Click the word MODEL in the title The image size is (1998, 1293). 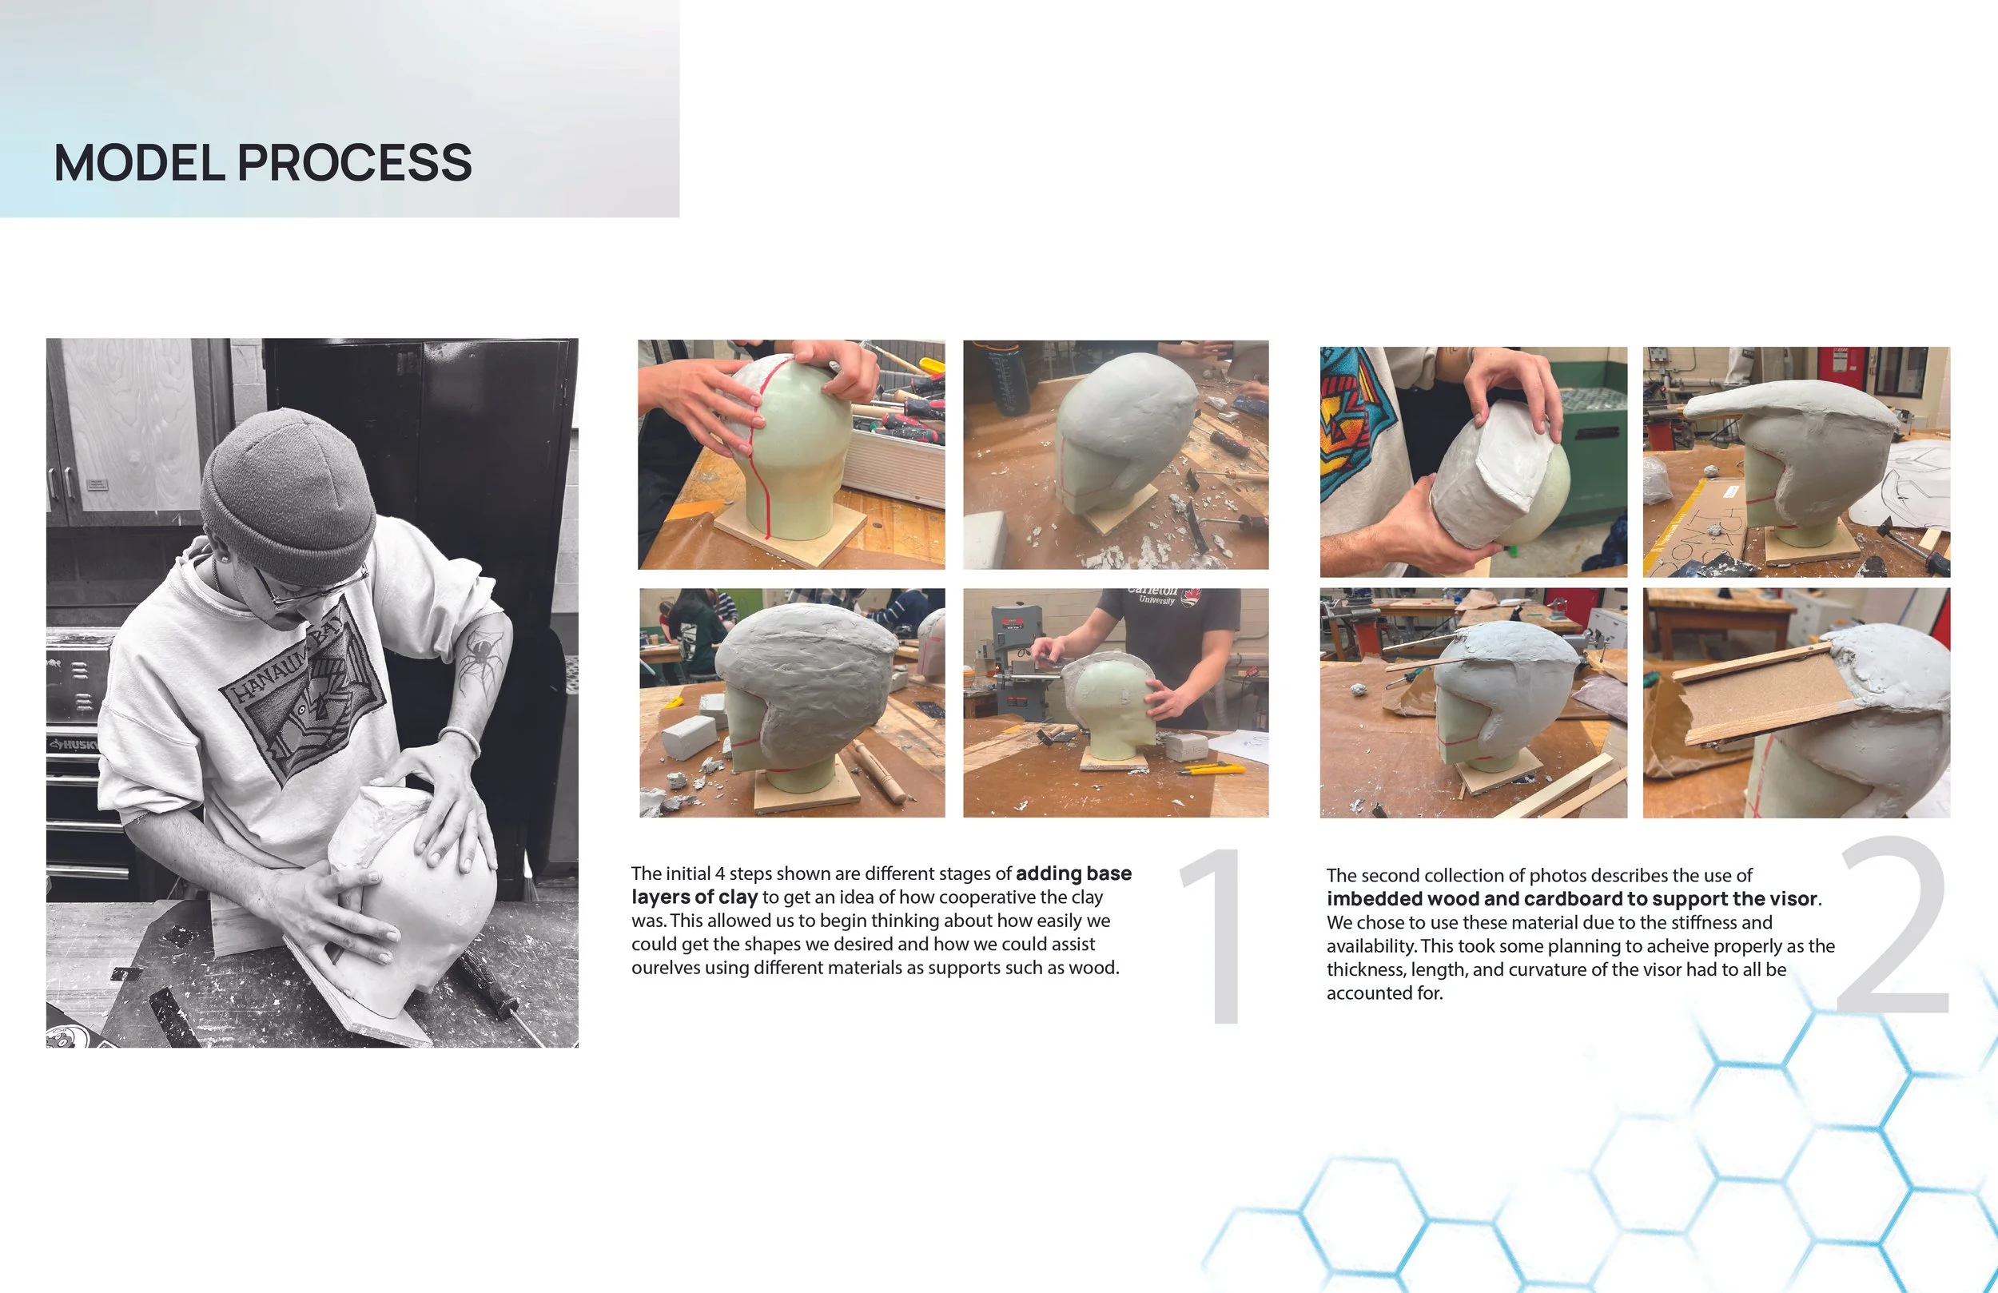[139, 162]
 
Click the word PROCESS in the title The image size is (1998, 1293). [355, 162]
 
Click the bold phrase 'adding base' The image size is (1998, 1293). [1073, 873]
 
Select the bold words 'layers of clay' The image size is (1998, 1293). [695, 897]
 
